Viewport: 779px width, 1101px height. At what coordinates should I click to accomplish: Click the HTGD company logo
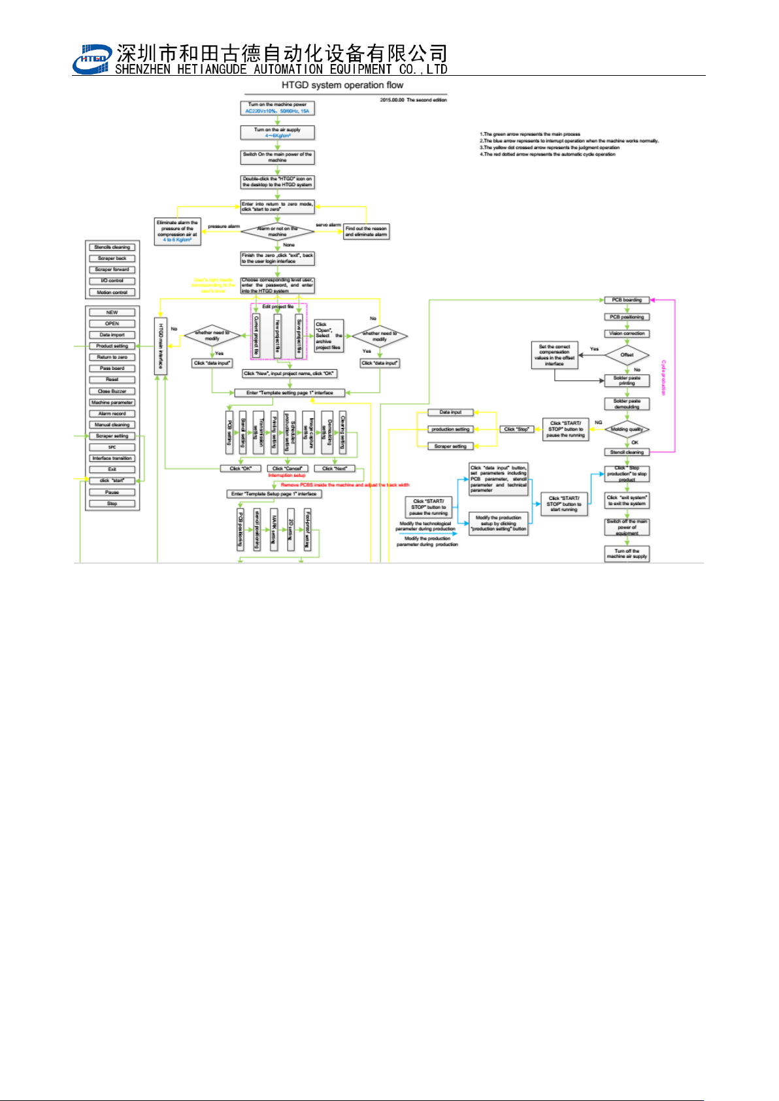pyautogui.click(x=91, y=59)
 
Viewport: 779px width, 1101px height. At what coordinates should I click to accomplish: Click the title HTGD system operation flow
pyautogui.click(x=342, y=85)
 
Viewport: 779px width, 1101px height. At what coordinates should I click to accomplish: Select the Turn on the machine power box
pyautogui.click(x=277, y=108)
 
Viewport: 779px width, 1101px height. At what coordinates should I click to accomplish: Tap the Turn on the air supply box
pyautogui.click(x=277, y=133)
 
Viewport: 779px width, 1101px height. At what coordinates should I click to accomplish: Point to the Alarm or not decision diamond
pyautogui.click(x=277, y=231)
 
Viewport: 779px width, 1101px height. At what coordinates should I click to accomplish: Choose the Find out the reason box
pyautogui.click(x=366, y=231)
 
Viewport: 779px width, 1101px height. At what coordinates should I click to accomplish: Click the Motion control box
pyautogui.click(x=112, y=292)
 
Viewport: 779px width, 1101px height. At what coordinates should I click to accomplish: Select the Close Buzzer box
pyautogui.click(x=112, y=391)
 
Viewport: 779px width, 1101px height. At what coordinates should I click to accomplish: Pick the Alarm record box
pyautogui.click(x=112, y=414)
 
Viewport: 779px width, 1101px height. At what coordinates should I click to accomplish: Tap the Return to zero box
pyautogui.click(x=112, y=357)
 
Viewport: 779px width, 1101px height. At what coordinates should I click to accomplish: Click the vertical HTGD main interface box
pyautogui.click(x=160, y=346)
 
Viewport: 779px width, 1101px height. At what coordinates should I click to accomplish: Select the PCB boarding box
pyautogui.click(x=627, y=300)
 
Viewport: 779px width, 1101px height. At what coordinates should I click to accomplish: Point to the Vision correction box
pyautogui.click(x=627, y=333)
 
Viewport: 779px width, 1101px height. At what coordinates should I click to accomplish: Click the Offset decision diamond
pyautogui.click(x=627, y=355)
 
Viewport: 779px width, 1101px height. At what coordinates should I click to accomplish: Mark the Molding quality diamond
pyautogui.click(x=627, y=429)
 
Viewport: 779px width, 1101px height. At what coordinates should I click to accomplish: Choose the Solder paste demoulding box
pyautogui.click(x=627, y=404)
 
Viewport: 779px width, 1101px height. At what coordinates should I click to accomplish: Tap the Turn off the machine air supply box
pyautogui.click(x=627, y=554)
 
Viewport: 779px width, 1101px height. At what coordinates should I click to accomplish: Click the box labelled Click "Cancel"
pyautogui.click(x=287, y=468)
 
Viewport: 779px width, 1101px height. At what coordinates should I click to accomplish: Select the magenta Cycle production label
pyautogui.click(x=663, y=377)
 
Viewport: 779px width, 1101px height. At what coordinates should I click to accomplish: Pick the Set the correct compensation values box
pyautogui.click(x=554, y=355)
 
